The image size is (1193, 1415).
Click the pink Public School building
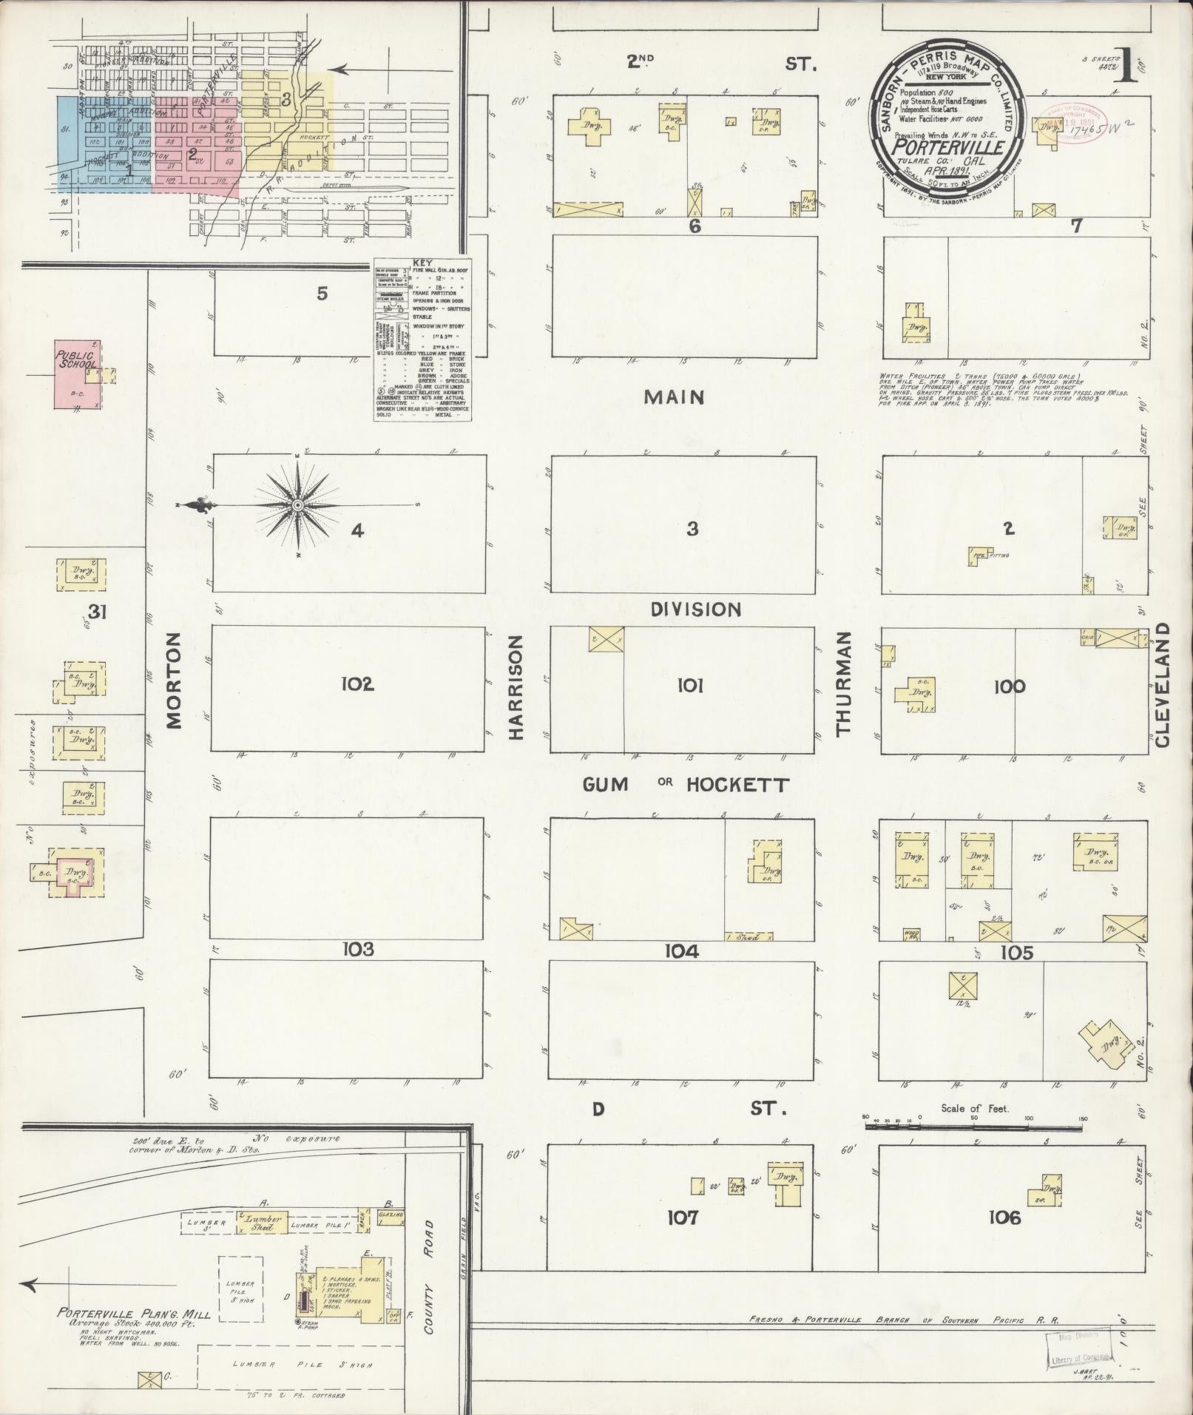click(x=75, y=374)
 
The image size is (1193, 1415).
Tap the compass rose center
click(x=297, y=505)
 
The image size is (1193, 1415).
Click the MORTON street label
click(x=175, y=681)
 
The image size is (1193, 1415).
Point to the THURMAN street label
click(x=844, y=684)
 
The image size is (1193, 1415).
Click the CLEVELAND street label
click(x=1161, y=684)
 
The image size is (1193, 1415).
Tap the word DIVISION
click(x=695, y=609)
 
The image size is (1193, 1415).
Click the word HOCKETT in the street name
click(x=737, y=785)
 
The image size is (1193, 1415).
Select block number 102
click(x=357, y=684)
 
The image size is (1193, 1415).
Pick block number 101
click(x=689, y=686)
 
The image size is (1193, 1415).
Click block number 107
click(x=682, y=1217)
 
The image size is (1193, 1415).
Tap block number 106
click(x=1004, y=1217)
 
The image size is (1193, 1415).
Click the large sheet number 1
click(x=1126, y=67)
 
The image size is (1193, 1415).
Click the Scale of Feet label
click(x=975, y=1109)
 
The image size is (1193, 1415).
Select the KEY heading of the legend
click(x=422, y=263)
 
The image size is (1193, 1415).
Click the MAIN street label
click(x=673, y=397)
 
